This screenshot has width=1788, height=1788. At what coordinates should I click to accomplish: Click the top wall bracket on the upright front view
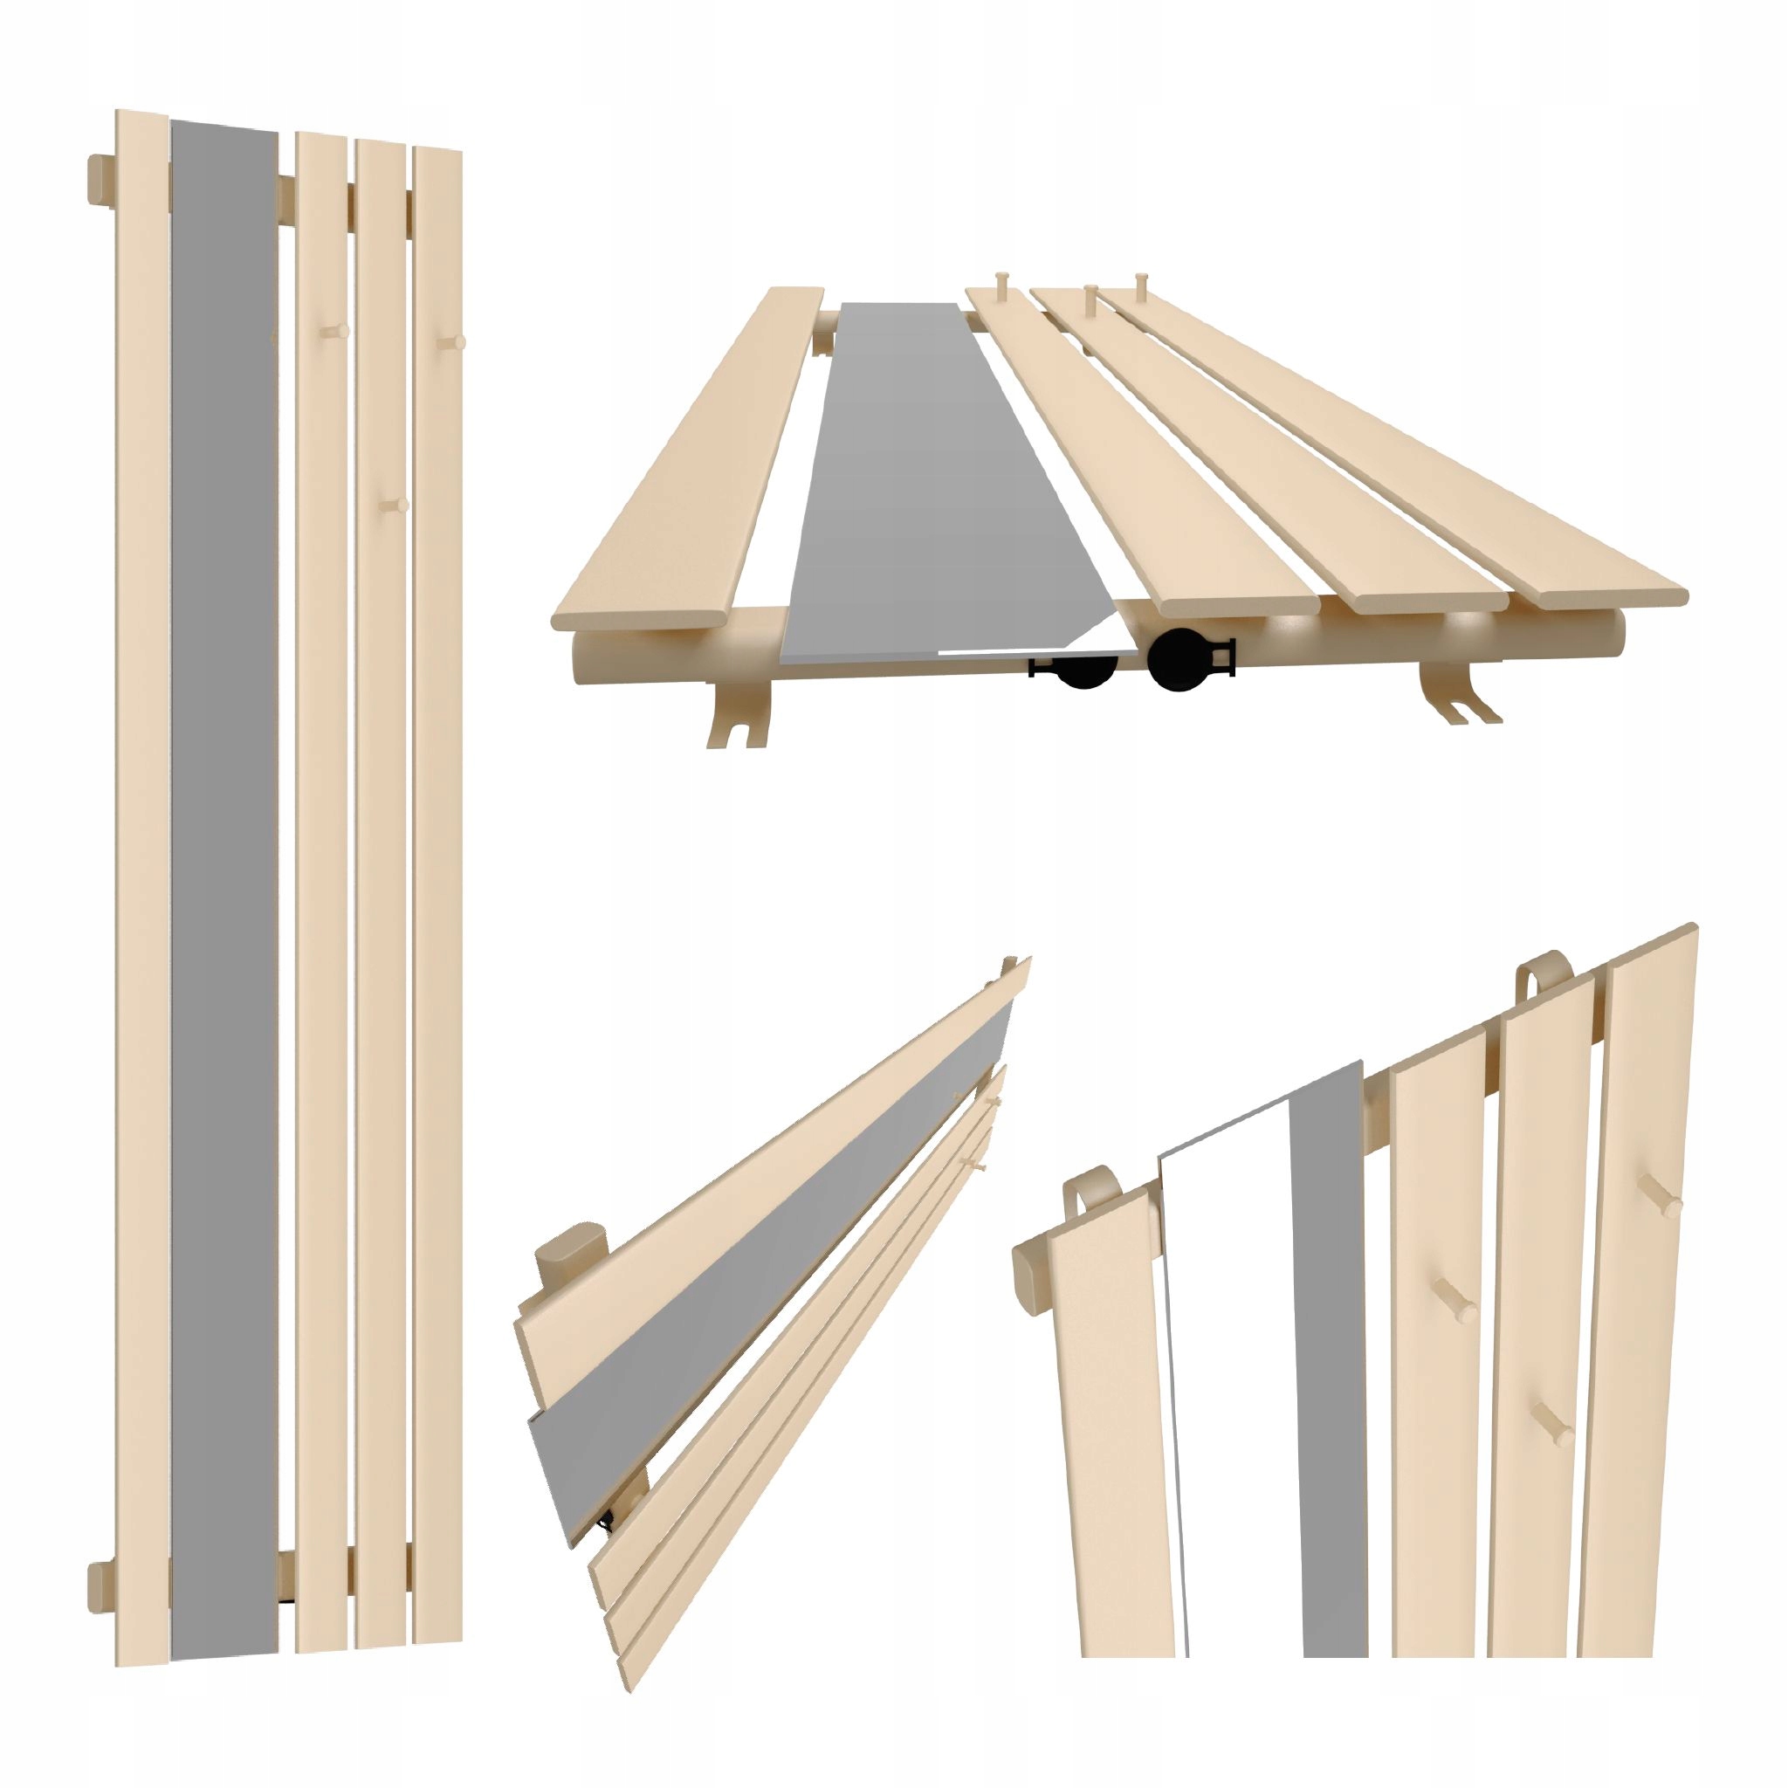coord(100,179)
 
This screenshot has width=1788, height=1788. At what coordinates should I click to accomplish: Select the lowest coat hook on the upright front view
coord(396,506)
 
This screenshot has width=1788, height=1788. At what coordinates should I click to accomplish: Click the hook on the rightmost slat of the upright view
coord(452,342)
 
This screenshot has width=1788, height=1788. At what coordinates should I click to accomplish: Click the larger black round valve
coord(1178,659)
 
